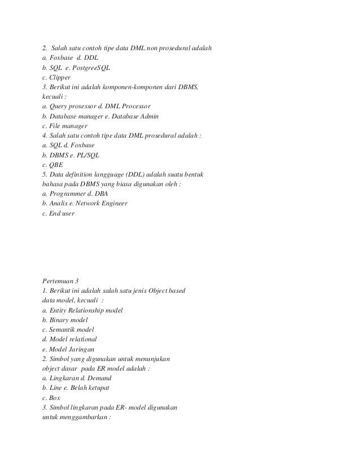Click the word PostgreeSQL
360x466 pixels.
[x=92, y=68]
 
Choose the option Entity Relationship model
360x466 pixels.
[x=86, y=310]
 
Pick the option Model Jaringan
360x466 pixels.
[x=73, y=349]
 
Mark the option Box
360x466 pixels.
[x=55, y=398]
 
